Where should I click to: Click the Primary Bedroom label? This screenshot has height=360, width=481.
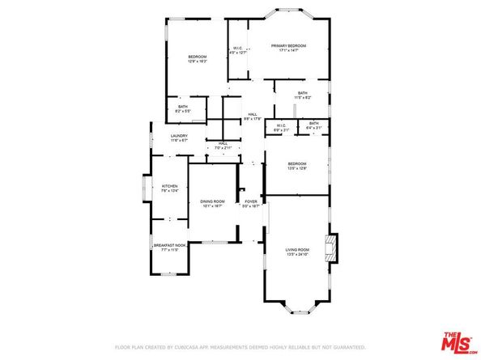[x=289, y=47]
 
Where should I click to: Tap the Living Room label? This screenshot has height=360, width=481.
[x=297, y=250]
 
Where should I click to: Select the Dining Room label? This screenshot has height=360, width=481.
[x=212, y=201]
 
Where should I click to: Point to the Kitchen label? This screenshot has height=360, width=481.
[x=169, y=185]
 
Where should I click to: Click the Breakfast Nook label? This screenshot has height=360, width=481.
[x=170, y=245]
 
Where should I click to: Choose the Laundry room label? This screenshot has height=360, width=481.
[x=179, y=135]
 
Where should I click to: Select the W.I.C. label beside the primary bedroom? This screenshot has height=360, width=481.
[x=238, y=49]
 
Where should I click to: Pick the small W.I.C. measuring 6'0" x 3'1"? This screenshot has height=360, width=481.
[x=281, y=125]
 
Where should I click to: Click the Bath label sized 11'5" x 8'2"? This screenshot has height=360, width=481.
[x=302, y=93]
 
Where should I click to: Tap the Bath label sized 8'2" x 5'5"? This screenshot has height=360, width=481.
[x=183, y=106]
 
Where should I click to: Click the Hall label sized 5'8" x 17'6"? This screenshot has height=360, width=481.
[x=253, y=116]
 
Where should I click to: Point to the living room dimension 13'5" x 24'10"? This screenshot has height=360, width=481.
[x=297, y=255]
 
